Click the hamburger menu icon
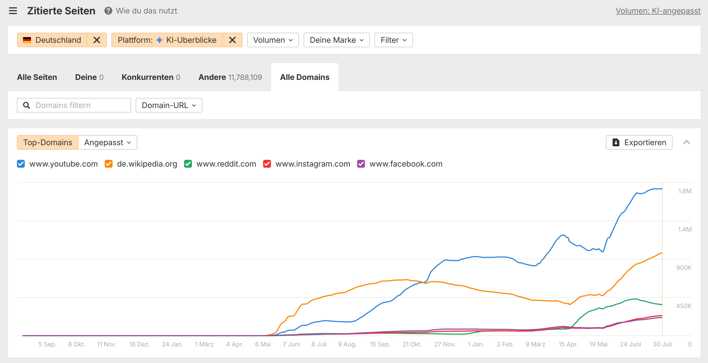pyautogui.click(x=13, y=11)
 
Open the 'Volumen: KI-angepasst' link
pyautogui.click(x=658, y=11)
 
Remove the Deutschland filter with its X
pyautogui.click(x=97, y=40)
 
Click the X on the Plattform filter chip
pyautogui.click(x=232, y=40)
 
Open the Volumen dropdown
pyautogui.click(x=273, y=40)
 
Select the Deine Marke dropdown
pyautogui.click(x=337, y=40)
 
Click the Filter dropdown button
pyautogui.click(x=394, y=40)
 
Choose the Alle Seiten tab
pyautogui.click(x=37, y=77)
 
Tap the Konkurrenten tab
pyautogui.click(x=151, y=77)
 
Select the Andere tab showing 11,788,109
pyautogui.click(x=230, y=77)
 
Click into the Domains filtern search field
pyautogui.click(x=74, y=105)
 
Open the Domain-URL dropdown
pyautogui.click(x=169, y=105)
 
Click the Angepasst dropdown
pyautogui.click(x=108, y=142)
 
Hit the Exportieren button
pyautogui.click(x=639, y=142)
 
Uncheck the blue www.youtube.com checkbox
pyautogui.click(x=21, y=164)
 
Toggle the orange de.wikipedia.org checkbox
pyautogui.click(x=109, y=164)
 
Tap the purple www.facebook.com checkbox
pyautogui.click(x=361, y=164)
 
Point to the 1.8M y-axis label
pyautogui.click(x=685, y=191)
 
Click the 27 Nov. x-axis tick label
pyautogui.click(x=445, y=344)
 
